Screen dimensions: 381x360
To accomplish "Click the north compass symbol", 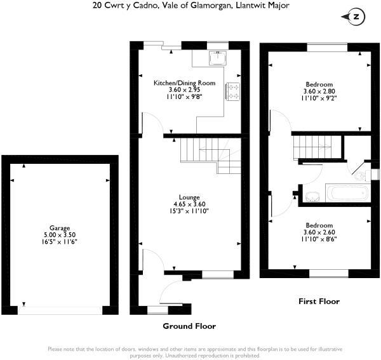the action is coord(354,17).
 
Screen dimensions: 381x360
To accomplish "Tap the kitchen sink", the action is coord(218,58).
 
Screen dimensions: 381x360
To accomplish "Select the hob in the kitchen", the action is coord(233,91).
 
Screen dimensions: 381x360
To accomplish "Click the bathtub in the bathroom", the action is coord(348,193).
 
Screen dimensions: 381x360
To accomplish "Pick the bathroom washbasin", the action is coord(312,197).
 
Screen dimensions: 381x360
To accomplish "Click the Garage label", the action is coord(60,228).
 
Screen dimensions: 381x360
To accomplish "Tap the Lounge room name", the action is coord(189,197).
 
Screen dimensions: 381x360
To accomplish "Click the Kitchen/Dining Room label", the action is coord(184,83).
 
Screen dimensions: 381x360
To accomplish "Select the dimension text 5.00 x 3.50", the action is coord(60,235).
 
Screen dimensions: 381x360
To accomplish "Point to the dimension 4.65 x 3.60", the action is coord(189,204).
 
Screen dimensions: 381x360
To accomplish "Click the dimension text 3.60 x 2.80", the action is coord(319,91).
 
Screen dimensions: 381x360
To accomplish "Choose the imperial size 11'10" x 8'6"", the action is coord(319,239).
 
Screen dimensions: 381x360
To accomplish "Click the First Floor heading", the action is coord(319,302).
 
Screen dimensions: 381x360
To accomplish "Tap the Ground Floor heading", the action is coord(189,326).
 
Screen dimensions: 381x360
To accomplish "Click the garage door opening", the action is coord(60,310).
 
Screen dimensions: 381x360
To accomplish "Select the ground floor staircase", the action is coord(211,156).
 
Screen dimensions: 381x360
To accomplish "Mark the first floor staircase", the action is coord(312,147).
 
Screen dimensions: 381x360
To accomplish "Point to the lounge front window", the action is coord(218,274).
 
